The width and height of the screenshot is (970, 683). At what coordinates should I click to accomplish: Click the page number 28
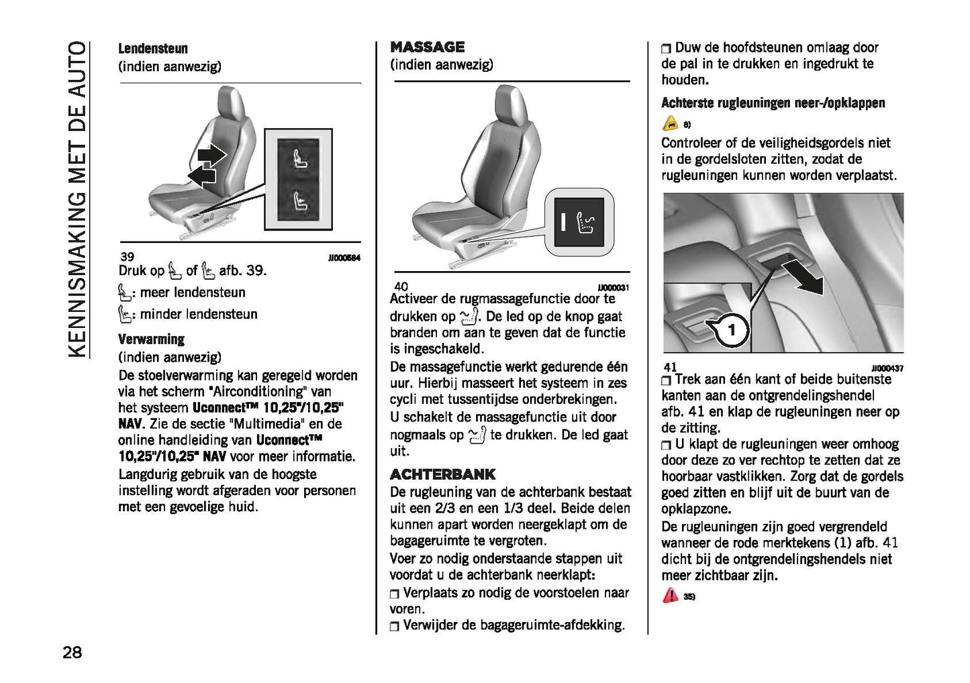[72, 651]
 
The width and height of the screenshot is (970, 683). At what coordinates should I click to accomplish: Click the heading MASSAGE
[428, 47]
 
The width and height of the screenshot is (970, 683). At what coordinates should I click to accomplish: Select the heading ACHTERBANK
[442, 474]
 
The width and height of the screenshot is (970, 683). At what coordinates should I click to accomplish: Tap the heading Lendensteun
[153, 48]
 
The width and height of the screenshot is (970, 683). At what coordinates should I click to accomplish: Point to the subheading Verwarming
[151, 339]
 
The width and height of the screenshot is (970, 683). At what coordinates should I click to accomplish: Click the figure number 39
[127, 256]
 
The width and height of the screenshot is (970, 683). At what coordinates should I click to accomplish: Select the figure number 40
[401, 286]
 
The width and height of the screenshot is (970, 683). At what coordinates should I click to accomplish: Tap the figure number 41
[669, 368]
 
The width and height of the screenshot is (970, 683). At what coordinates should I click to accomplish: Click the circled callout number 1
[732, 329]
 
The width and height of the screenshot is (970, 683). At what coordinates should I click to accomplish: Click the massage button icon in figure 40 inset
[579, 222]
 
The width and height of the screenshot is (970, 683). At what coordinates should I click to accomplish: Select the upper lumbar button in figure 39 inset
[299, 159]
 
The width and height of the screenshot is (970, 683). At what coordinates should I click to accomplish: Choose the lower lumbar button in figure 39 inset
[299, 201]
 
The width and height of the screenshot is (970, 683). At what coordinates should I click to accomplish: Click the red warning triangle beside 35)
[670, 595]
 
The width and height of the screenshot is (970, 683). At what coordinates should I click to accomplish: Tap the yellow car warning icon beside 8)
[670, 123]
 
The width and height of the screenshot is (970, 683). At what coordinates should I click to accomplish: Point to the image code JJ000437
[887, 368]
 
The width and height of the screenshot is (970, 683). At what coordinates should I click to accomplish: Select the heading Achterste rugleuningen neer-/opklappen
[773, 103]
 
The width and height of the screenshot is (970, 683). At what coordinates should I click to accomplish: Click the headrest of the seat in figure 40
[510, 107]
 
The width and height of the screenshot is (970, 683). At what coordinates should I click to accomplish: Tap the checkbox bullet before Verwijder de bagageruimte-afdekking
[395, 627]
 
